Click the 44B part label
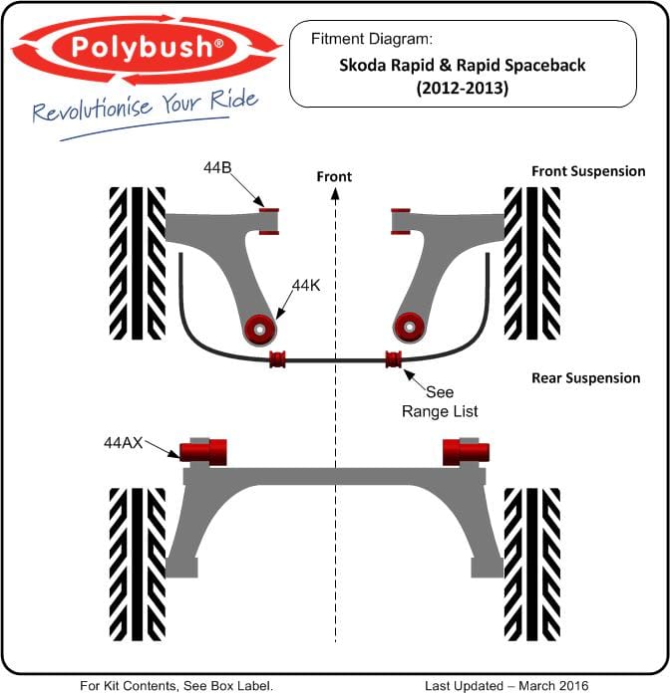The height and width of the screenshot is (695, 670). click(x=217, y=167)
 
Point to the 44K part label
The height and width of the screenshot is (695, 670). click(x=306, y=286)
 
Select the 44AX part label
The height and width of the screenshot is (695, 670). click(x=123, y=442)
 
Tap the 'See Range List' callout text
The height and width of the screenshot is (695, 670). click(x=440, y=401)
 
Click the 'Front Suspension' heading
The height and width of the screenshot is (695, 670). click(x=588, y=171)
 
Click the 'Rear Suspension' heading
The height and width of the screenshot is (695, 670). click(x=585, y=378)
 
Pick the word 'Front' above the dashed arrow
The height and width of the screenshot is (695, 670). click(x=334, y=176)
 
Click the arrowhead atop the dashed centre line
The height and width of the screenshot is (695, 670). click(x=335, y=194)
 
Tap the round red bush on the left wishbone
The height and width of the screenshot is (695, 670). click(x=260, y=330)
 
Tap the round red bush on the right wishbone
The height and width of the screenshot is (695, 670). click(x=409, y=328)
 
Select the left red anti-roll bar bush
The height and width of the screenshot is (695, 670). click(x=278, y=359)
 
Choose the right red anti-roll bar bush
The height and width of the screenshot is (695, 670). click(x=394, y=358)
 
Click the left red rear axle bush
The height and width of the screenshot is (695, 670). click(x=203, y=452)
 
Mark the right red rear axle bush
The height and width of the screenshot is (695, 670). click(x=466, y=452)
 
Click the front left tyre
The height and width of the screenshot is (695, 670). click(x=138, y=263)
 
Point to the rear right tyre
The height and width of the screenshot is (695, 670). click(x=532, y=565)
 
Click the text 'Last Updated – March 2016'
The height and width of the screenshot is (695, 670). click(x=506, y=686)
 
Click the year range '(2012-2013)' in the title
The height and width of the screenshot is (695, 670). click(x=463, y=89)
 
